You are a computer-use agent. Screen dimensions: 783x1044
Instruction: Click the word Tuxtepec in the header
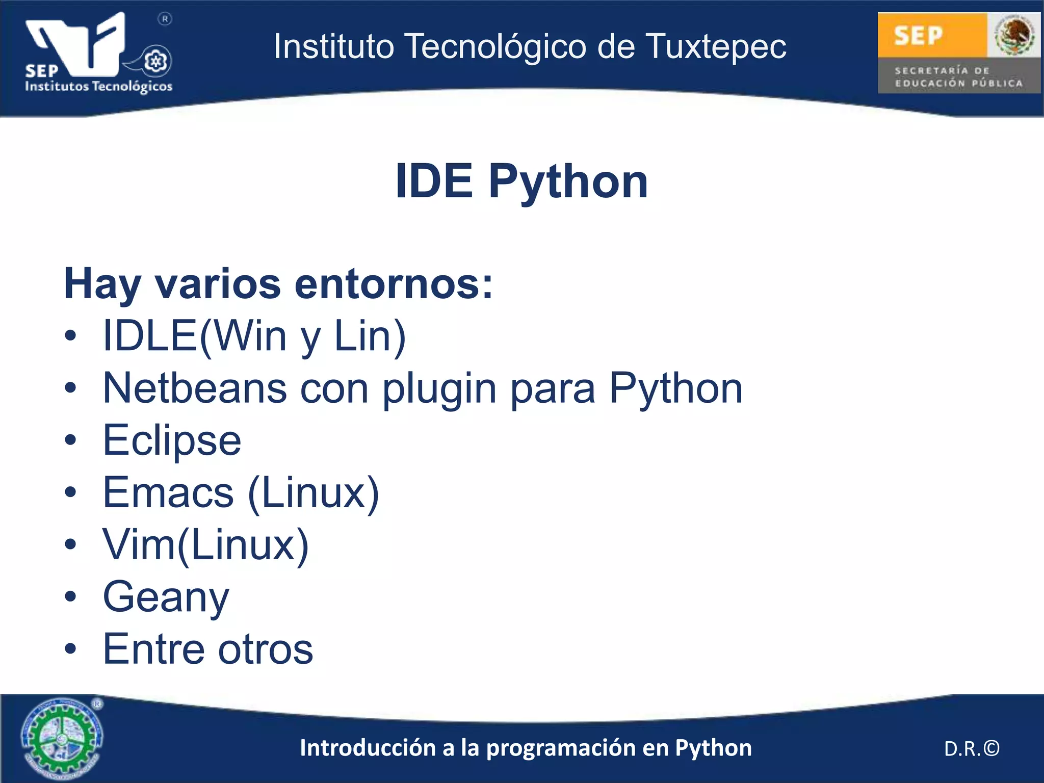pos(716,47)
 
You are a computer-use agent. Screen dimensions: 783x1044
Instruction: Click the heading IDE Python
pos(521,181)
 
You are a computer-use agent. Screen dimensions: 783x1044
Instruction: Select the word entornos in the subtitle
pos(394,284)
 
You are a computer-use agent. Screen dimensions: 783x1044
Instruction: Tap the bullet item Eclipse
pos(172,440)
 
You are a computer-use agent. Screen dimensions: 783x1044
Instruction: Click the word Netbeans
pos(195,388)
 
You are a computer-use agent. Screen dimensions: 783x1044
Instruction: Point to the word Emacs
pos(168,492)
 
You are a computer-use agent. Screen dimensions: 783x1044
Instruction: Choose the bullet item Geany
pos(166,597)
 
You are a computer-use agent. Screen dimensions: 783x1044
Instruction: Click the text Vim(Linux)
pos(205,545)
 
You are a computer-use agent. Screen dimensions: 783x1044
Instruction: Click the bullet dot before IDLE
pos(70,336)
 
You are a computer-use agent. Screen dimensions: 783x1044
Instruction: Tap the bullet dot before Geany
pos(70,596)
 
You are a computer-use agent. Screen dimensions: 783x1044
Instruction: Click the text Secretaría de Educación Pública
pos(958,77)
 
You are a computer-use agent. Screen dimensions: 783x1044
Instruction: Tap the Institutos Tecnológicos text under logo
pos(99,86)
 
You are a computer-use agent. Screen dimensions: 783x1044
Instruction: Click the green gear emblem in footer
pos(62,738)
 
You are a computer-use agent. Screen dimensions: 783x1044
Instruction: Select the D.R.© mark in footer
pos(972,749)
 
